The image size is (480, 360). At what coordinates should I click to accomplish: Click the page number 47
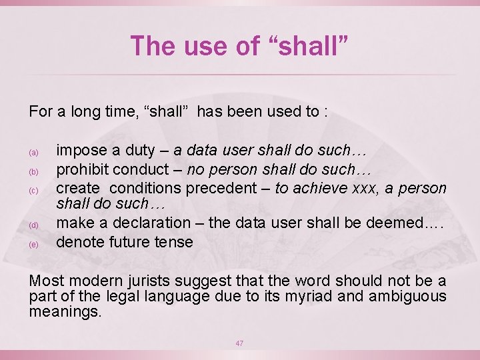point(239,343)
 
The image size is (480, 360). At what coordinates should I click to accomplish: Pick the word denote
point(78,241)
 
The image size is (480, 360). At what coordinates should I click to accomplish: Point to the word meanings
point(65,311)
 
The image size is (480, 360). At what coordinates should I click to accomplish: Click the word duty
point(137,152)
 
